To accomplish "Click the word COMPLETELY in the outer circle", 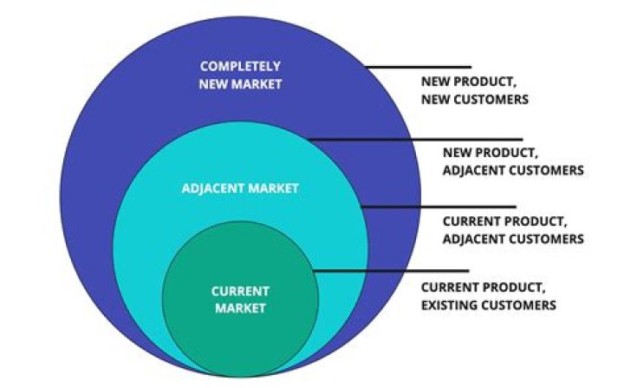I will (x=241, y=66).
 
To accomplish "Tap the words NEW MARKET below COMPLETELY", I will (x=241, y=84).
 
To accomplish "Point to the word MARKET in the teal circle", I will (x=270, y=187).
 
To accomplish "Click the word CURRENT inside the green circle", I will (x=240, y=291).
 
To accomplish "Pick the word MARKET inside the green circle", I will (x=240, y=308).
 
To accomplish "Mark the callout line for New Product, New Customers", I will (x=420, y=67).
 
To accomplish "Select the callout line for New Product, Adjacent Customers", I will (x=416, y=139).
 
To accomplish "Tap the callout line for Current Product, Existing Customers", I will (x=390, y=270).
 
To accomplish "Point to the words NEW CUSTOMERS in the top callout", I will (x=474, y=100).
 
